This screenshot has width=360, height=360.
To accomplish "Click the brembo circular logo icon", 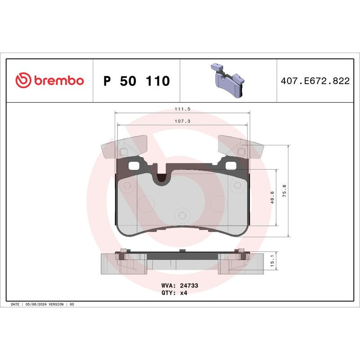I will [24, 81].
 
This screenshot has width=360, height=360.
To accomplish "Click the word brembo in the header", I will [59, 81].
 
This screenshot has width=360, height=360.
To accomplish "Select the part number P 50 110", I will [136, 81].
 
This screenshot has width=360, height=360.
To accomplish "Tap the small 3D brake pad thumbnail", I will [227, 81].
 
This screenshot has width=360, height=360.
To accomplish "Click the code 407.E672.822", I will [315, 81].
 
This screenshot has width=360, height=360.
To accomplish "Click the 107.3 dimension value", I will [182, 121].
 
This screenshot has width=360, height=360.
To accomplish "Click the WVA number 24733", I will [189, 285].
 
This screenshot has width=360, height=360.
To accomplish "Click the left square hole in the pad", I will [134, 166].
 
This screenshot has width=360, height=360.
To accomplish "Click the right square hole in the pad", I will [230, 166].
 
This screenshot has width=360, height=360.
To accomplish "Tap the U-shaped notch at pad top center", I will [161, 177].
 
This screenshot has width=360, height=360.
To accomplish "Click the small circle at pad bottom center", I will [181, 215].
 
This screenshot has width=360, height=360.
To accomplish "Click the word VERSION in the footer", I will [58, 305].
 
